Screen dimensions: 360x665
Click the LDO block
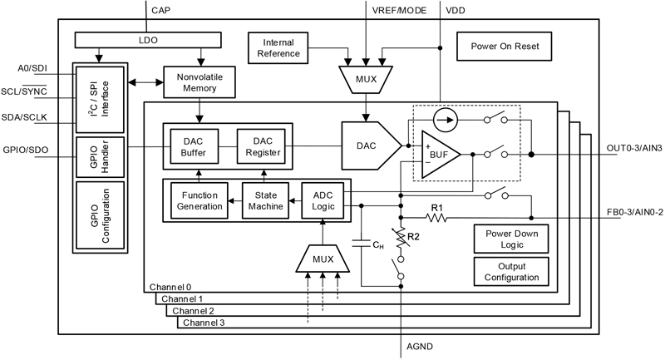148,39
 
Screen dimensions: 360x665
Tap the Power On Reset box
505,47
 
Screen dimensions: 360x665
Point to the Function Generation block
199,200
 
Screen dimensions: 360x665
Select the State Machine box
263,200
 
